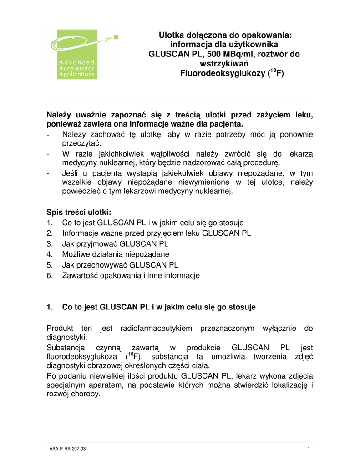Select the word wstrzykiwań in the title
tap(225, 64)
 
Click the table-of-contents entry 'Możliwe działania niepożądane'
tap(116, 254)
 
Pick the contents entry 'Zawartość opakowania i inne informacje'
tap(131, 275)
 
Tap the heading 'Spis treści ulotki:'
tap(79, 213)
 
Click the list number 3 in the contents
tap(49, 244)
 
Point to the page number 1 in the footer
tap(309, 449)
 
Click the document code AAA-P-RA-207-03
tap(67, 449)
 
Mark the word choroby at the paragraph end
tap(85, 395)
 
